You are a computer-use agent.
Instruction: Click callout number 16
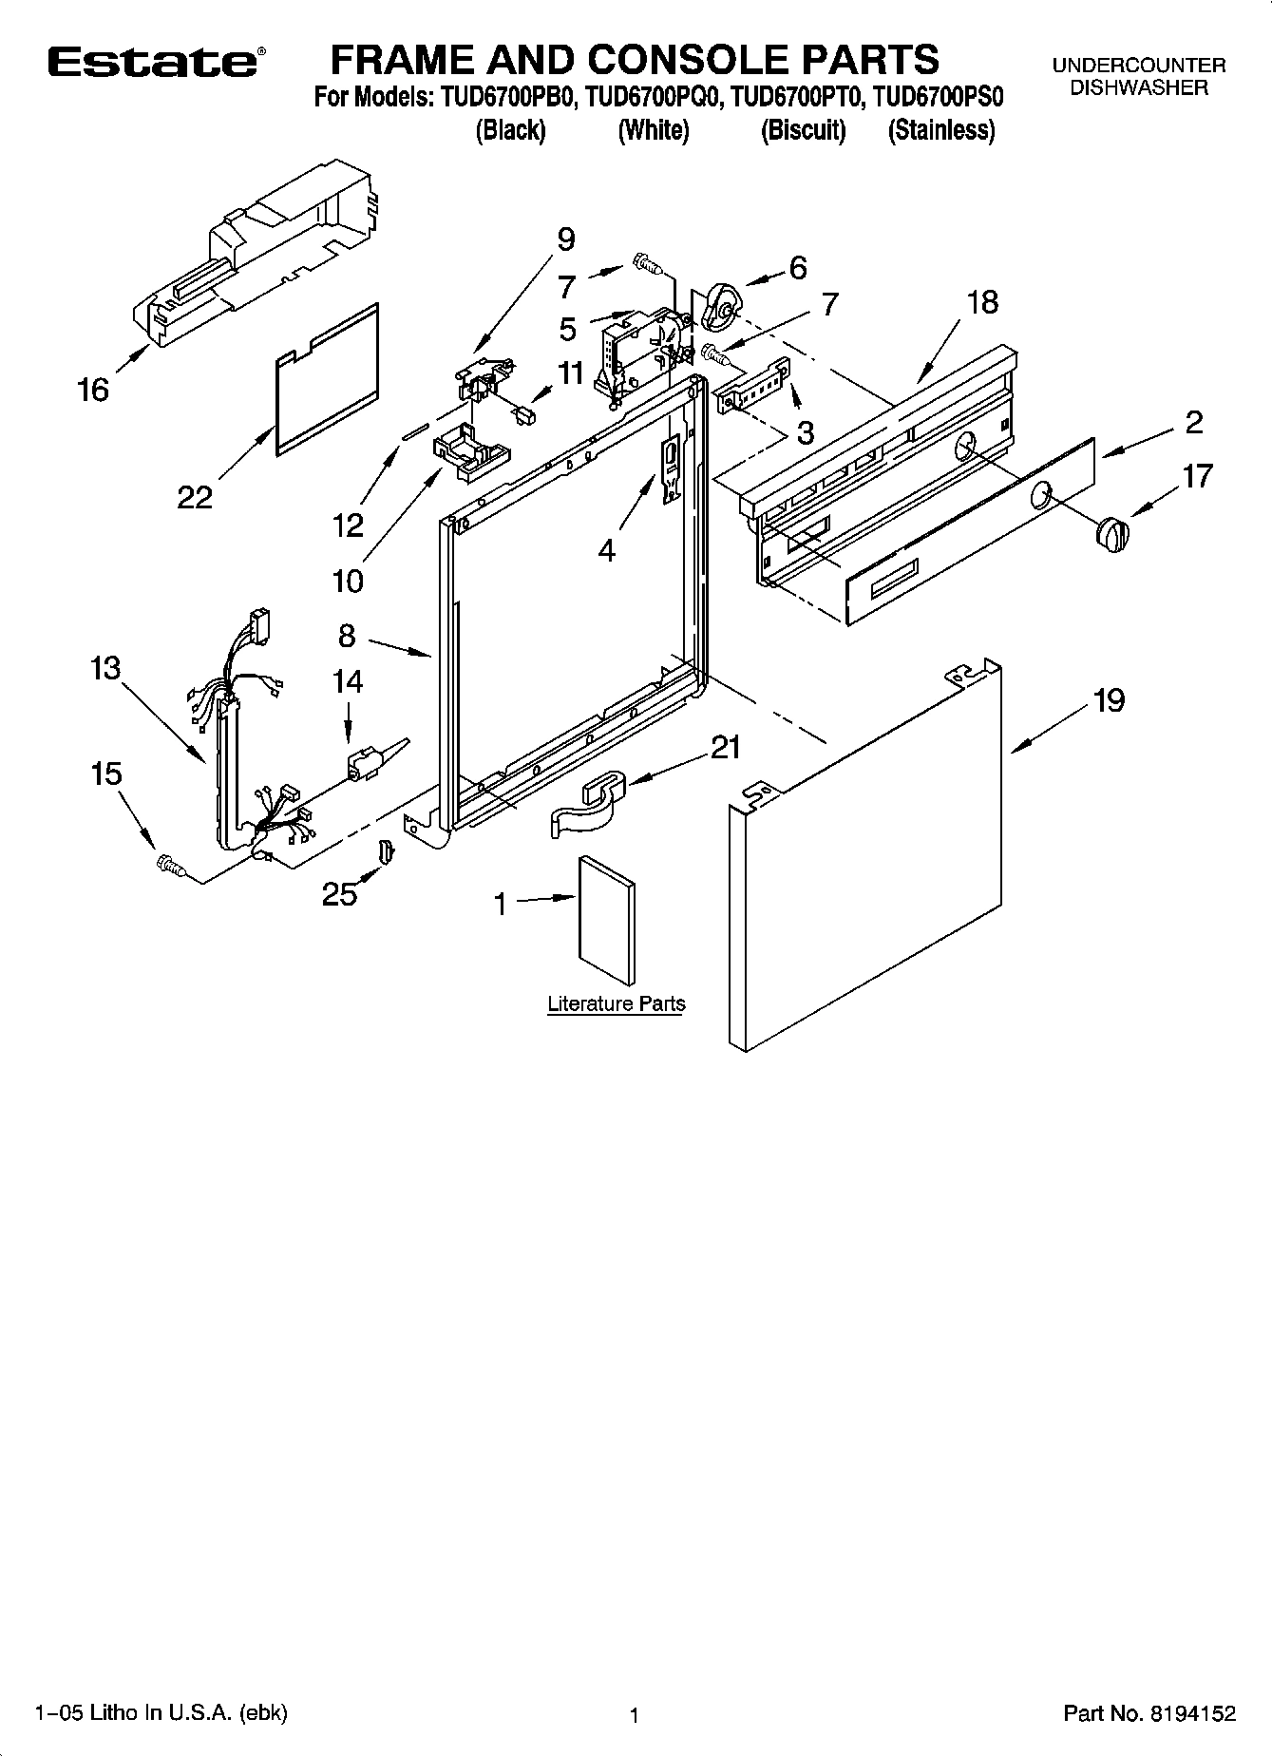[93, 390]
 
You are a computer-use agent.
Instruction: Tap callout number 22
[195, 497]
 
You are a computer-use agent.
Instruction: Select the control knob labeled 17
[1113, 533]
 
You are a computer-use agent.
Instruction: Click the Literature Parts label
[616, 1003]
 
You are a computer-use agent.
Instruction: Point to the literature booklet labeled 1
[606, 920]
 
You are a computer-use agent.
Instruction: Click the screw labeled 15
[171, 864]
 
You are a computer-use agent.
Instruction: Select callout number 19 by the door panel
[1109, 700]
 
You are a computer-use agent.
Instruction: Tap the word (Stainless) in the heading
[940, 130]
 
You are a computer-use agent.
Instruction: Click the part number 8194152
[1191, 1713]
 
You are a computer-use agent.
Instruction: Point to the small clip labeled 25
[385, 851]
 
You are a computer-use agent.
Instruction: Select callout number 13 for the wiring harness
[105, 668]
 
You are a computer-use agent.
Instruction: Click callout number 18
[983, 302]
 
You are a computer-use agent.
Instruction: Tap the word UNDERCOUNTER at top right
[1138, 66]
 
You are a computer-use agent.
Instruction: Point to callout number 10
[348, 580]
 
